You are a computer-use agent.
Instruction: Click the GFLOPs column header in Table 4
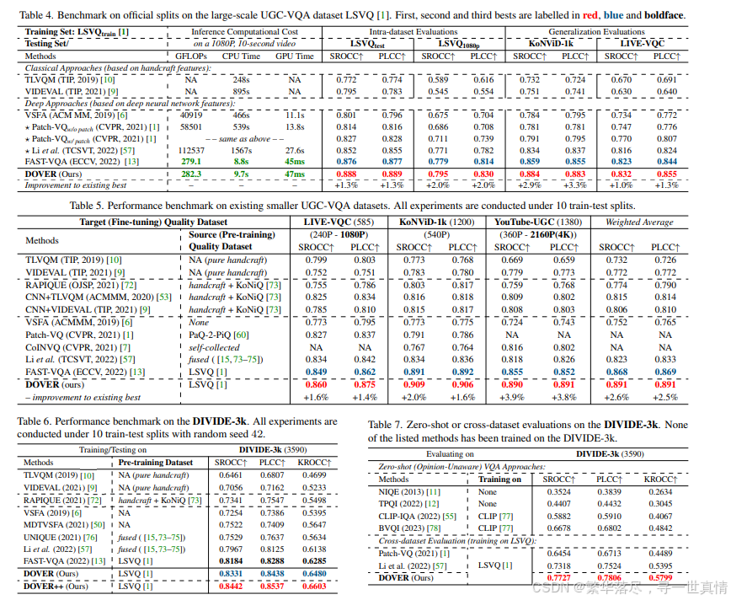191,56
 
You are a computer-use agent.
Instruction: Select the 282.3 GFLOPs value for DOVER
191,174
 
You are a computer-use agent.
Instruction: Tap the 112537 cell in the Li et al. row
191,149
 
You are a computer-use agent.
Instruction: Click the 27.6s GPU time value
294,149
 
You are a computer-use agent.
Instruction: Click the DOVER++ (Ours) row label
56,587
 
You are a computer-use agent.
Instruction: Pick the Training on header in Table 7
500,479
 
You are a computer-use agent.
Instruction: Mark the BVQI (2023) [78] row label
412,528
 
